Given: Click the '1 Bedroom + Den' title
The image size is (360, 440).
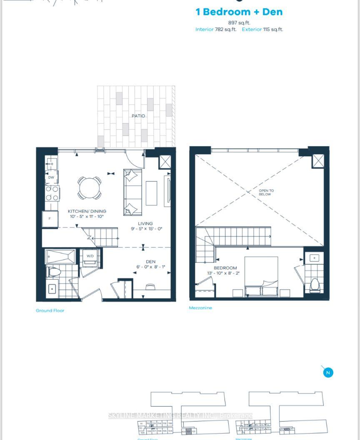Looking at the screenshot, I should click(239, 12).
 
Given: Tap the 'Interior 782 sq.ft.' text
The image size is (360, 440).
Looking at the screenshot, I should click(215, 30).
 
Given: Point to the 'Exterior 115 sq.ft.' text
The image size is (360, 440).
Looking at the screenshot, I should click(262, 30).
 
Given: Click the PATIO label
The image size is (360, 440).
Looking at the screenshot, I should click(138, 116).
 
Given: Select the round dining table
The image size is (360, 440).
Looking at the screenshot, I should click(89, 188).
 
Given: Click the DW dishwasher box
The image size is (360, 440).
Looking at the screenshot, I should click(51, 177).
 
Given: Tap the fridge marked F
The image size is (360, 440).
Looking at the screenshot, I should click(50, 219).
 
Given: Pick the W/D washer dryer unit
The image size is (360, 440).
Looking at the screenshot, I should click(90, 257).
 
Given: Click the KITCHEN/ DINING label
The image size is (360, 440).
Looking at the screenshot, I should click(87, 212).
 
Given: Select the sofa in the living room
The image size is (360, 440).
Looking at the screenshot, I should click(132, 192).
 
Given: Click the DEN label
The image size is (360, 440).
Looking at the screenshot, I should click(150, 262).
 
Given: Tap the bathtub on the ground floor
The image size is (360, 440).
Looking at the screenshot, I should click(60, 256).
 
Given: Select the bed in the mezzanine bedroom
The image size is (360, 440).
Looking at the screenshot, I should click(261, 277).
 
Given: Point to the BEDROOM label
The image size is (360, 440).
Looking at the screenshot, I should click(225, 268).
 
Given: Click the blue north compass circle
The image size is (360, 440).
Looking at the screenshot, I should click(328, 372).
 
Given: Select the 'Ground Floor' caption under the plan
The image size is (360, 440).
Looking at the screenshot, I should click(50, 310).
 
